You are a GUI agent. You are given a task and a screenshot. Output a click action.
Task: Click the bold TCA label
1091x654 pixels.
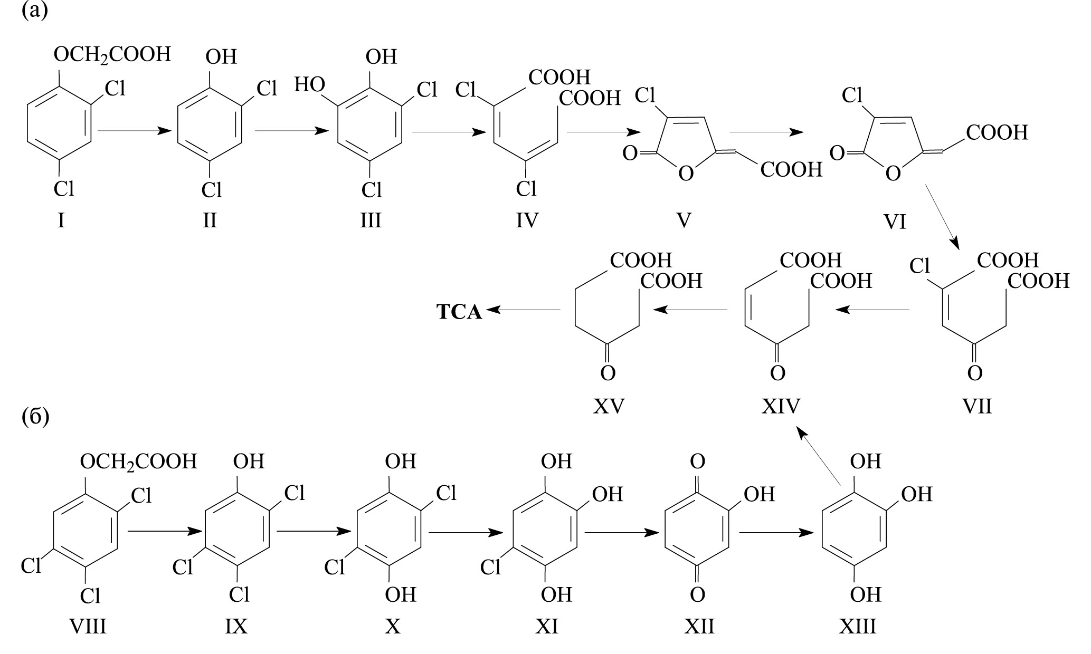tap(459, 312)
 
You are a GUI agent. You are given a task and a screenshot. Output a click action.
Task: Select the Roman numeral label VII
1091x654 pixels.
tap(977, 406)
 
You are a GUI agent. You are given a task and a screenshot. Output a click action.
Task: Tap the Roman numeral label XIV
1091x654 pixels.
tap(781, 406)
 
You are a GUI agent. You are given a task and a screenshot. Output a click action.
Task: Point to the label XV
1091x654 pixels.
tap(609, 406)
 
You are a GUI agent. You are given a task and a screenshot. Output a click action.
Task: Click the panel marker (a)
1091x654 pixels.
tap(35, 11)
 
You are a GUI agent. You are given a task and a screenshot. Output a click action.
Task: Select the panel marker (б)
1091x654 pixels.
tap(35, 417)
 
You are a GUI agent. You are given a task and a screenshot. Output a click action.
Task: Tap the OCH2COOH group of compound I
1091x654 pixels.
tap(112, 54)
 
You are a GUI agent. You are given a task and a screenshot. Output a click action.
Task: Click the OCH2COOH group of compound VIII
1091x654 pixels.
tap(138, 461)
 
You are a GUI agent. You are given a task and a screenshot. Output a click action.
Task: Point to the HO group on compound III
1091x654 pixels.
tap(310, 84)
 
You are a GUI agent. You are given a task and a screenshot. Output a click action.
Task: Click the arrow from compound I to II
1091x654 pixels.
tap(136, 131)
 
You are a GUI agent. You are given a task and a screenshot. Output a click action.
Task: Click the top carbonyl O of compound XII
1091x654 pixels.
tap(697, 461)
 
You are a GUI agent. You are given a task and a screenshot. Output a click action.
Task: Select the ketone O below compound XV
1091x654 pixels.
tap(608, 373)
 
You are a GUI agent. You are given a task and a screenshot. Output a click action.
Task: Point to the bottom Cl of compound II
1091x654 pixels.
tap(212, 189)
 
